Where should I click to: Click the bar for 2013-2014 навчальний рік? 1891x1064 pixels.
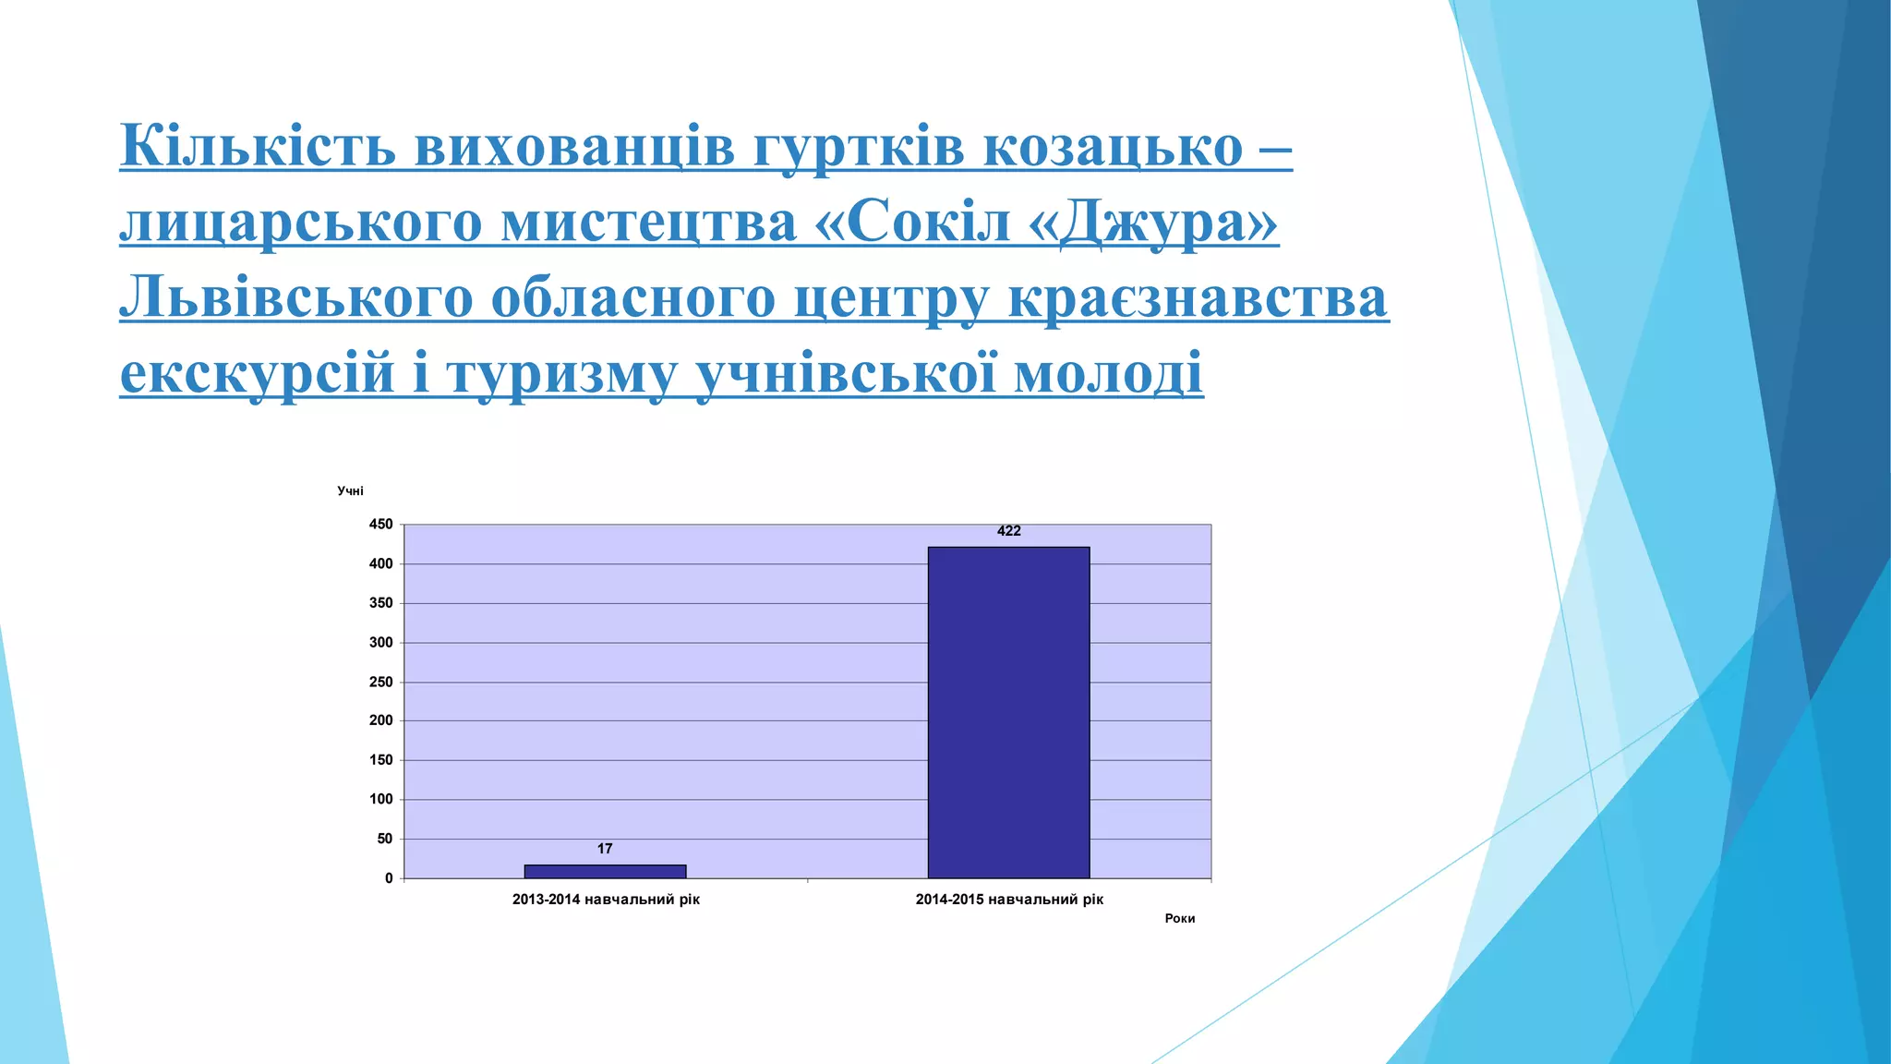[605, 871]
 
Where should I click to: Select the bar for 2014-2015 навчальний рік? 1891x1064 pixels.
[1008, 712]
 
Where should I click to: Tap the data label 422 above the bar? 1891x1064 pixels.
[1008, 531]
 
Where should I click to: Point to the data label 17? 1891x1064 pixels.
[605, 849]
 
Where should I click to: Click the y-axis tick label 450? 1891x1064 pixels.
[380, 525]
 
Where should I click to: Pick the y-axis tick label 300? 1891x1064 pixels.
[380, 643]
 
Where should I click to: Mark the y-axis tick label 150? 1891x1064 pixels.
[380, 760]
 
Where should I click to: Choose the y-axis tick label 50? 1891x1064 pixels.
[384, 839]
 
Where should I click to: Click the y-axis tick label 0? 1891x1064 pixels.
[389, 878]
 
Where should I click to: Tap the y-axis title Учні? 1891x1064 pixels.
[350, 491]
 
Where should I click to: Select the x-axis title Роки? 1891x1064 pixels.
[1179, 918]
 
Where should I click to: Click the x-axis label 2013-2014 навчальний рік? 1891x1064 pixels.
[606, 900]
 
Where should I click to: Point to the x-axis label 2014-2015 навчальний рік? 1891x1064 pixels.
[1009, 900]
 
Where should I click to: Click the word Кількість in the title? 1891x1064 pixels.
[258, 146]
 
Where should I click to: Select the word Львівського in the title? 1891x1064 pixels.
[295, 297]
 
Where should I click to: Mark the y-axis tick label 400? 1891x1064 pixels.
[380, 563]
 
